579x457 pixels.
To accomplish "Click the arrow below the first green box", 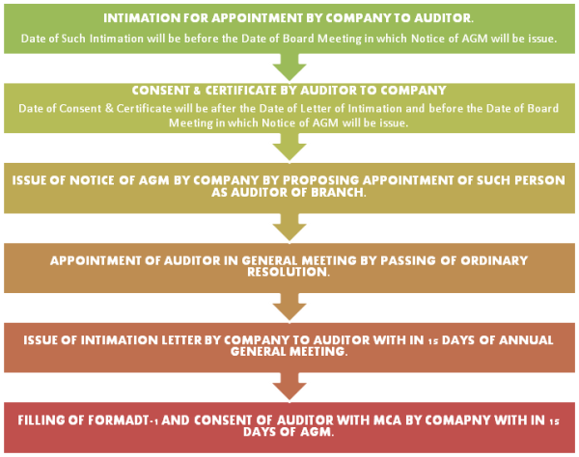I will pos(289,67).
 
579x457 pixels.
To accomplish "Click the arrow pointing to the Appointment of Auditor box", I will pos(289,228).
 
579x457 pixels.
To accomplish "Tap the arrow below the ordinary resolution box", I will pos(289,308).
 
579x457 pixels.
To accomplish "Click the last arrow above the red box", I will pos(289,388).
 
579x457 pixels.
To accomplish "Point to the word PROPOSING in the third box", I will pos(314,178).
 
